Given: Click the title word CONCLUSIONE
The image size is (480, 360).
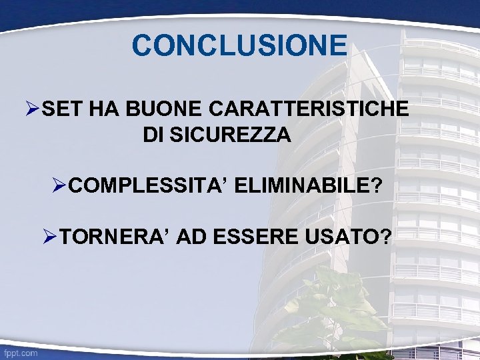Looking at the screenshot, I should (239, 45).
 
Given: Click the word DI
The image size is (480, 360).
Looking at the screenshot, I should (153, 135).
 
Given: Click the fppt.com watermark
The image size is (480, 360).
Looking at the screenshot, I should (20, 353).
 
